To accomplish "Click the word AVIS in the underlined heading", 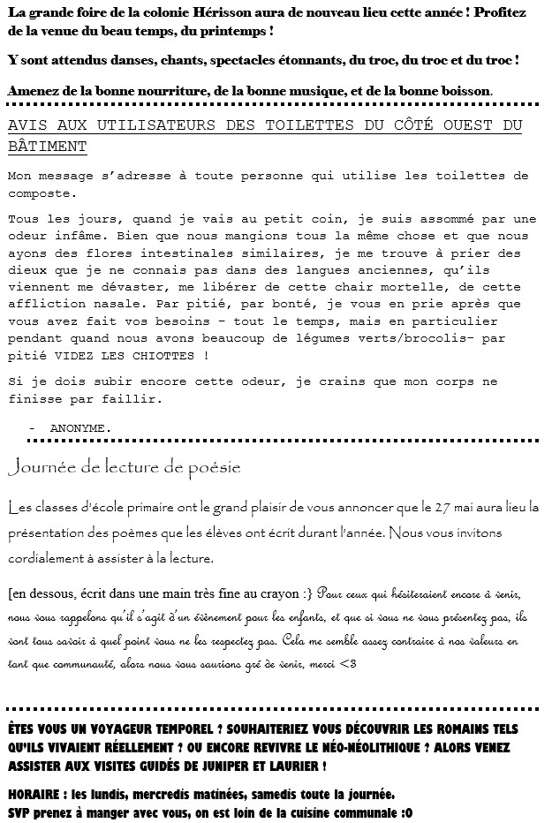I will pos(26,125).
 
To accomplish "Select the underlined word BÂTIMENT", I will pos(47,146).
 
